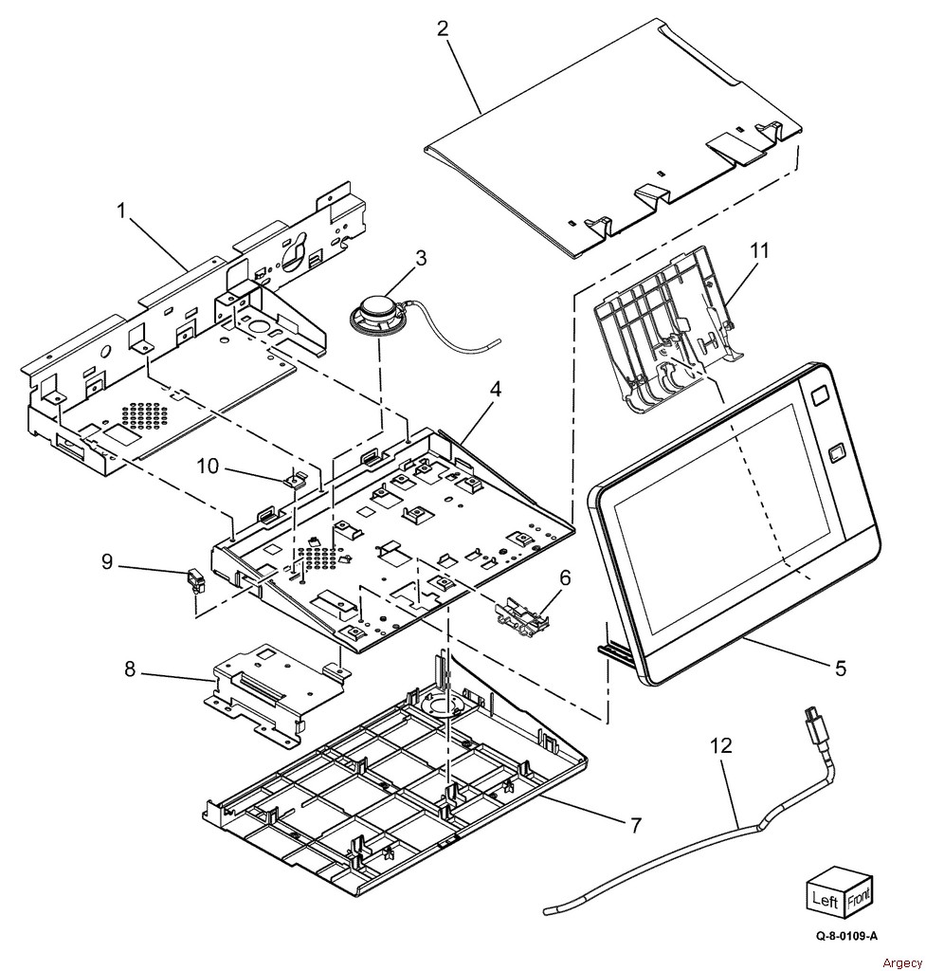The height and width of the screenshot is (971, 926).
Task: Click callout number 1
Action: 121,211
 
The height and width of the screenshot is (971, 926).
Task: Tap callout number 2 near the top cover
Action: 443,28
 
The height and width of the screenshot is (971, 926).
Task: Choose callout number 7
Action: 636,825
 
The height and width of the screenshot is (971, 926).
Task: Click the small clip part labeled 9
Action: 195,579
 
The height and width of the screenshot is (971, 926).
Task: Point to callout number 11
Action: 759,251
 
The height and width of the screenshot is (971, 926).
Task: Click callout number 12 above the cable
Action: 721,746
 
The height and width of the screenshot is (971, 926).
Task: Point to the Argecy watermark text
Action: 899,962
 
